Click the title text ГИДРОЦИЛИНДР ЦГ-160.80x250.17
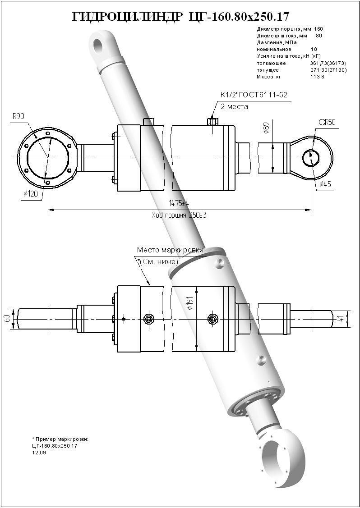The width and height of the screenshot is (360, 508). [180, 17]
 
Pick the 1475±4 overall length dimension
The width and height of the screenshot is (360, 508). [179, 203]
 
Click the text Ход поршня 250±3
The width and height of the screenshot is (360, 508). [179, 215]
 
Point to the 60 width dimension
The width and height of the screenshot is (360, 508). [7, 318]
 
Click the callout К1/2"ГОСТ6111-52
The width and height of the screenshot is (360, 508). [254, 95]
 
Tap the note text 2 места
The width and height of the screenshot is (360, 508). [234, 107]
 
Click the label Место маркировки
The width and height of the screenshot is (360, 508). [171, 250]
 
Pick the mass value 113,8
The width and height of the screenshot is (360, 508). [317, 77]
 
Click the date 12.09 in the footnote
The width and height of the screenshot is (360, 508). [39, 453]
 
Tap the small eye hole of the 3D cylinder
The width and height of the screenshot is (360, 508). [99, 45]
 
